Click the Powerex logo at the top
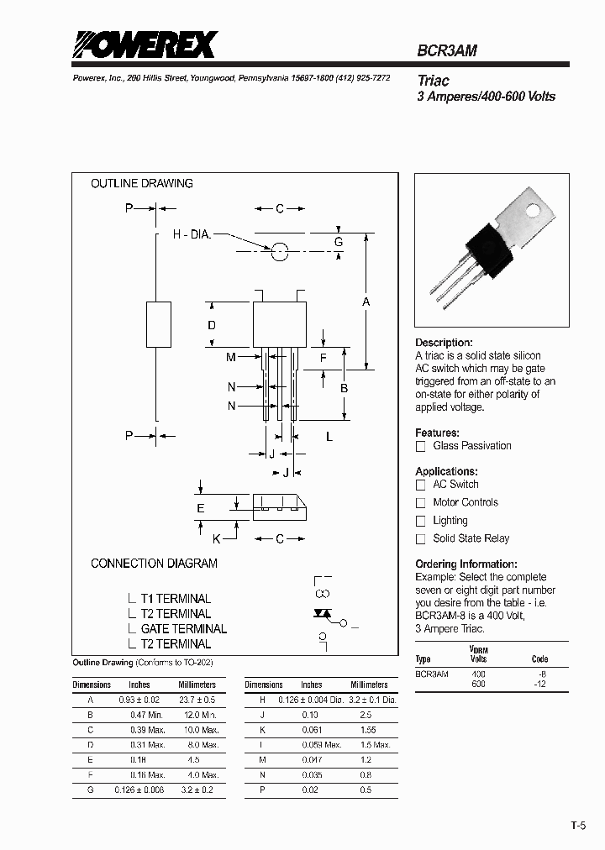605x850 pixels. click(x=144, y=45)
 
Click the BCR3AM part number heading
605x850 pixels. click(x=447, y=50)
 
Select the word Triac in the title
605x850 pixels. click(x=434, y=81)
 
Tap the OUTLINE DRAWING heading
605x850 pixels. click(x=141, y=183)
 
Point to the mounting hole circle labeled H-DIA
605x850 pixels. click(x=280, y=250)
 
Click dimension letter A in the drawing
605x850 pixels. click(x=366, y=302)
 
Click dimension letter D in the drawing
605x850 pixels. click(x=212, y=325)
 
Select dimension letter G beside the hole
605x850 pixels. click(x=339, y=242)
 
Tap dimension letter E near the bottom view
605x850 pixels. click(x=201, y=507)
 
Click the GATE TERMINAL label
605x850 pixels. click(x=183, y=628)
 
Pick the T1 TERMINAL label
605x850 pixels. click(x=176, y=598)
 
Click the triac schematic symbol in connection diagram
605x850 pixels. click(x=322, y=614)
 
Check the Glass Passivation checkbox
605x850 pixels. click(x=421, y=446)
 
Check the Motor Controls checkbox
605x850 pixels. click(x=421, y=502)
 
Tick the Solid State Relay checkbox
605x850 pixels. click(x=421, y=539)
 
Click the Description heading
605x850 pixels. click(x=444, y=343)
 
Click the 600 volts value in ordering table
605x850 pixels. click(x=479, y=684)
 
